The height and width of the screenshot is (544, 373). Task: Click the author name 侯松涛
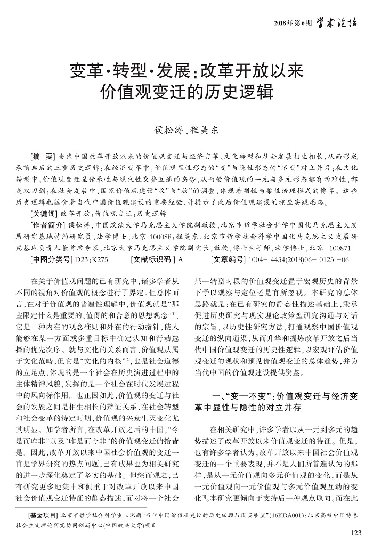point(167,129)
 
